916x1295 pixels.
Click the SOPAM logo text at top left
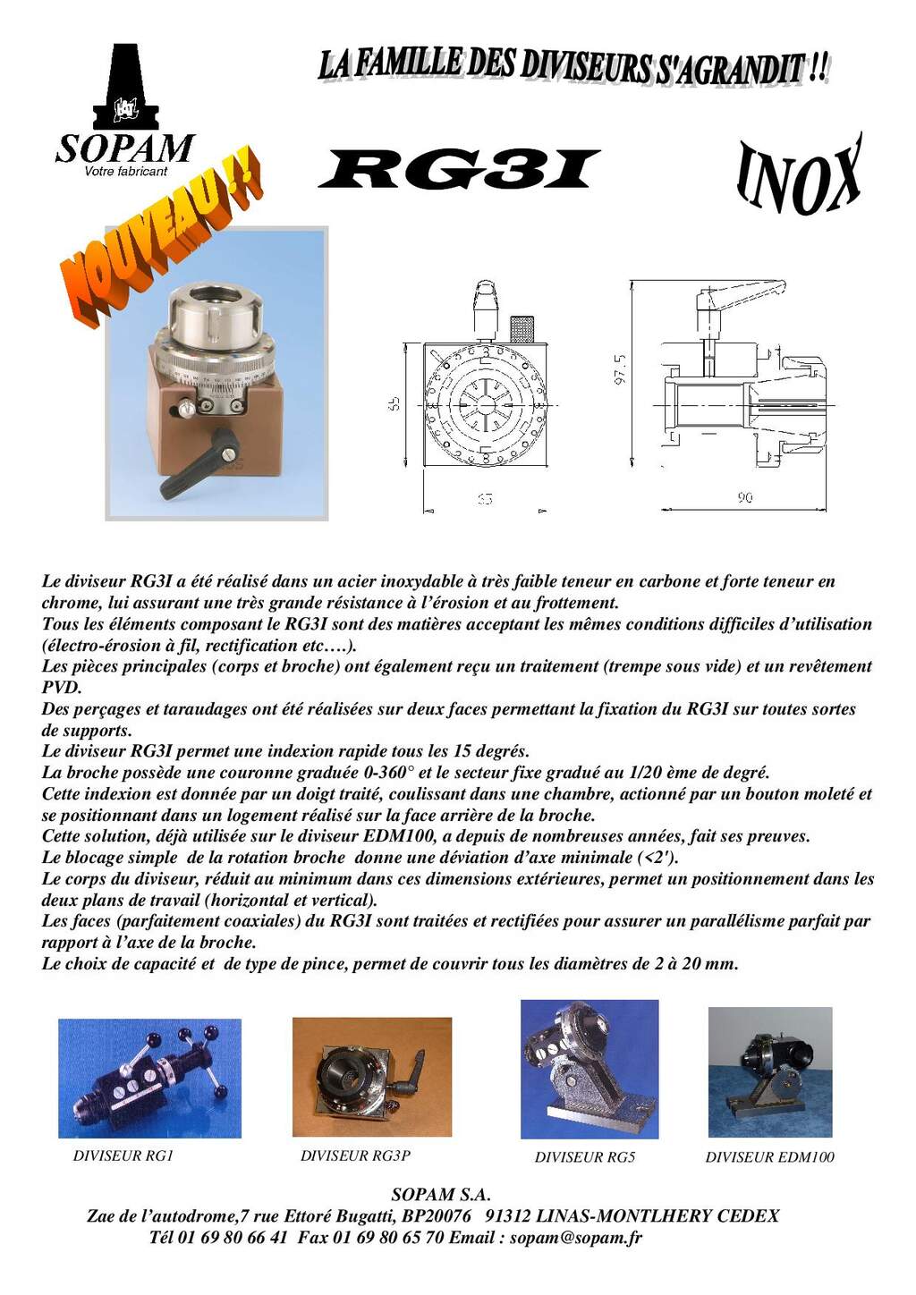coord(124,148)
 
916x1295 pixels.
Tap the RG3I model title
coord(458,170)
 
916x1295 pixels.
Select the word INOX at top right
coord(799,176)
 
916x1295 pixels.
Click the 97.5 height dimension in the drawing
coord(620,369)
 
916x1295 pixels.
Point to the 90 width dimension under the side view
coord(744,497)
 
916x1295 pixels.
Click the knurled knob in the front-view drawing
coord(521,328)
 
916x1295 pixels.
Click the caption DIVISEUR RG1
coord(123,1155)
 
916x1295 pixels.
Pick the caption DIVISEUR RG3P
coord(355,1155)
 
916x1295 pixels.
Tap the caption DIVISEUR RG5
coord(585,1157)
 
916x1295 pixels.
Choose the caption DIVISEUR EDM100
coord(769,1157)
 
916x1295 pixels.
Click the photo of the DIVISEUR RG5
coord(589,1069)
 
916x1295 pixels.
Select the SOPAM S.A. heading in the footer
coord(441,1195)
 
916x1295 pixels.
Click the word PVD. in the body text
coord(62,688)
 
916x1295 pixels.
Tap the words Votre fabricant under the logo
coord(125,172)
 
